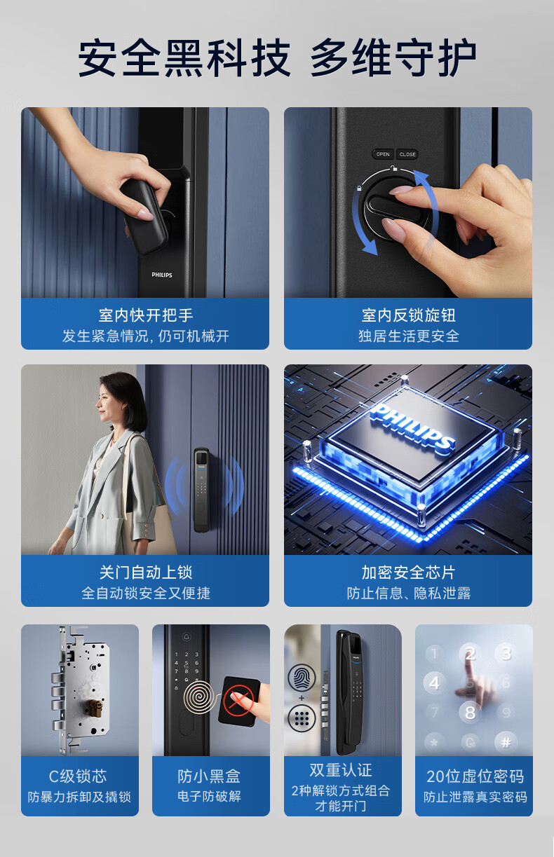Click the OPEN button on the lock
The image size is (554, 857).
(383, 154)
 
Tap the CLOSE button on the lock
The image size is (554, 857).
(407, 154)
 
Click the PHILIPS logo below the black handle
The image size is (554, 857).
(162, 275)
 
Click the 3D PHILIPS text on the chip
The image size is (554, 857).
(413, 430)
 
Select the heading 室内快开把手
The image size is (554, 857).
(145, 315)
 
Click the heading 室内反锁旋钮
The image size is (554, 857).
(409, 315)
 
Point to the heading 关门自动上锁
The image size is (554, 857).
(145, 573)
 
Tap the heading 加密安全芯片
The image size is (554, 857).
(409, 573)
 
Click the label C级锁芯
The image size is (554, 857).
(78, 776)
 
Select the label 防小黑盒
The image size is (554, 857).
(209, 776)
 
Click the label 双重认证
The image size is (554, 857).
(341, 770)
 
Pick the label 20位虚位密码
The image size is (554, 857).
(475, 776)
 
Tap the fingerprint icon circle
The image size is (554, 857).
(302, 677)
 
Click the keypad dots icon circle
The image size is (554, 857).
(302, 718)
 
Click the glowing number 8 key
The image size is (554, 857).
(470, 713)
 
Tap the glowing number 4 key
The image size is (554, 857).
(434, 683)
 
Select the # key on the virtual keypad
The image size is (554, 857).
(506, 743)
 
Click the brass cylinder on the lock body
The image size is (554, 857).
(95, 708)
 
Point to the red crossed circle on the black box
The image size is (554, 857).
(238, 699)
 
